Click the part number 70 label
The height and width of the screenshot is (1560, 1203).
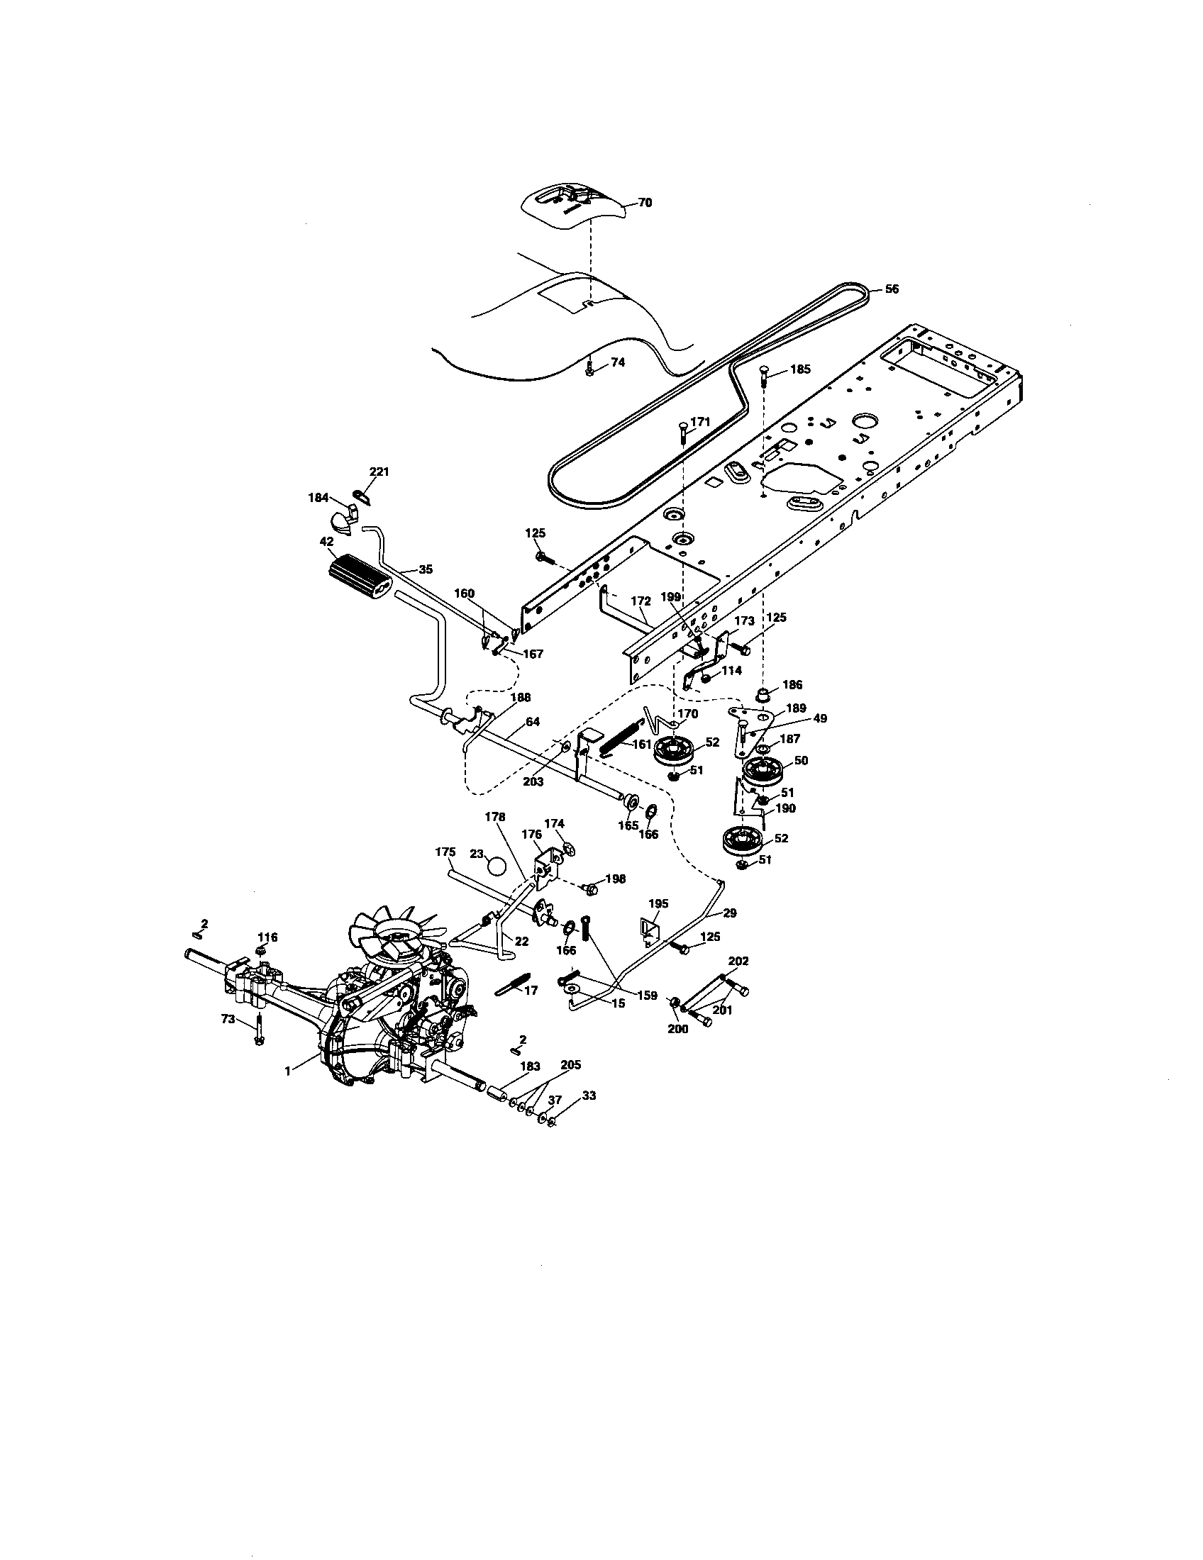pyautogui.click(x=644, y=203)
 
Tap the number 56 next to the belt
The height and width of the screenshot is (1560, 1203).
pyautogui.click(x=892, y=289)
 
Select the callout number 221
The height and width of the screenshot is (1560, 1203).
pyautogui.click(x=379, y=472)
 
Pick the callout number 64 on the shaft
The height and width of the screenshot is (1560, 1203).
pyautogui.click(x=532, y=721)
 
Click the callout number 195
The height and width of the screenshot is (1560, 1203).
pyautogui.click(x=658, y=903)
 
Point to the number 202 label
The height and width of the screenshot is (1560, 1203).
pyautogui.click(x=738, y=961)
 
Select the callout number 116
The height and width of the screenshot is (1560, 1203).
pyautogui.click(x=268, y=937)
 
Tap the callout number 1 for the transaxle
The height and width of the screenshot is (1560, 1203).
pyautogui.click(x=287, y=1071)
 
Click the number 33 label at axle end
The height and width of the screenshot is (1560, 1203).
pyautogui.click(x=589, y=1095)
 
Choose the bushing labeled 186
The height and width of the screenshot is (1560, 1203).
pyautogui.click(x=763, y=694)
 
